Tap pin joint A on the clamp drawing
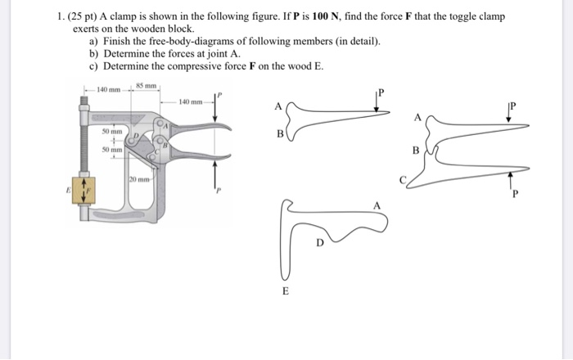pos(166,126)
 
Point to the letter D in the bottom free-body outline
pos(320,243)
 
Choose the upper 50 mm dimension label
pos(111,131)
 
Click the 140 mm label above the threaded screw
pos(107,89)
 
